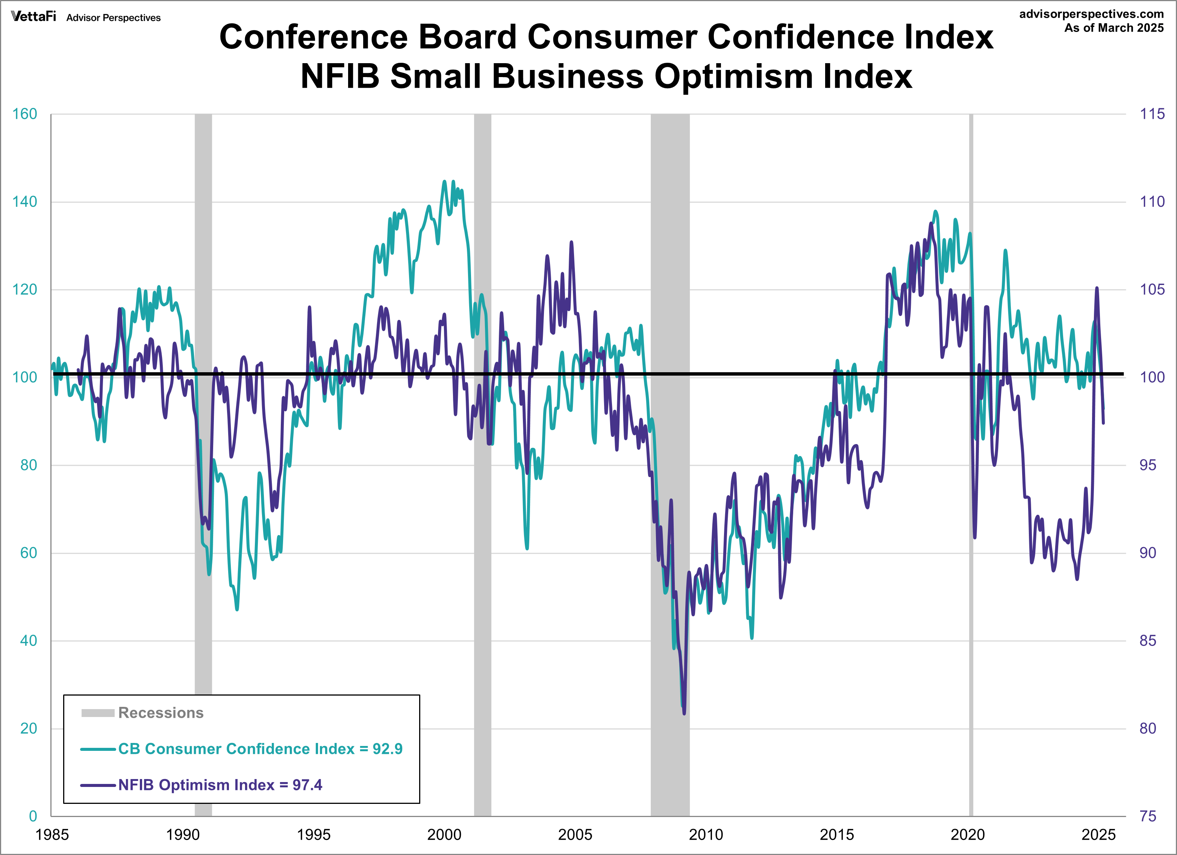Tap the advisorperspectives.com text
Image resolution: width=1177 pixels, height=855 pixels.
click(1091, 14)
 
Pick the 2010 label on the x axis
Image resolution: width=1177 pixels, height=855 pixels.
click(705, 834)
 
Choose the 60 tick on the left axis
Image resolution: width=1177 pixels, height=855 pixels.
click(28, 553)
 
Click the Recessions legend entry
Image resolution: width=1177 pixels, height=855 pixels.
click(161, 713)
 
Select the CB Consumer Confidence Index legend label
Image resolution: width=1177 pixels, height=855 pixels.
click(236, 749)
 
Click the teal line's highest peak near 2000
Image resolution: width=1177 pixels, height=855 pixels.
click(444, 182)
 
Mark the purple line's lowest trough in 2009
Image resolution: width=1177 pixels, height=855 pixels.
click(684, 713)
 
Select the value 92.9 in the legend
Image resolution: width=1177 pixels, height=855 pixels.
click(387, 749)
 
